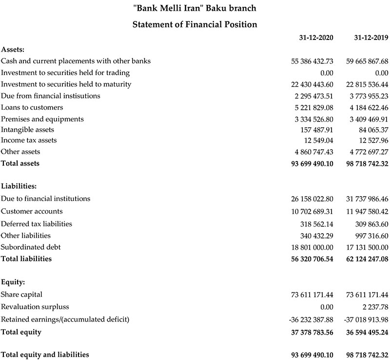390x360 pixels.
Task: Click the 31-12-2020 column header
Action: [x=316, y=39]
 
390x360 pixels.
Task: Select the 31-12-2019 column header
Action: [x=370, y=39]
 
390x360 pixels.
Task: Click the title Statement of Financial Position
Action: [x=195, y=24]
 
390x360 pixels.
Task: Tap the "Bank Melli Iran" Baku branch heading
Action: [x=195, y=8]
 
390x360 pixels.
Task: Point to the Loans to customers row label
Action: [x=32, y=107]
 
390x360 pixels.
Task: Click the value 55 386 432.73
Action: [x=312, y=61]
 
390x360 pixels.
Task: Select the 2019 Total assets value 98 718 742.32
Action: [x=367, y=164]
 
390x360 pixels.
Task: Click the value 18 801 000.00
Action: [x=312, y=247]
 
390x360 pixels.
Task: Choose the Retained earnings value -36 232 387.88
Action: [x=311, y=320]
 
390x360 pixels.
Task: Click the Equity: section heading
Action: [x=13, y=282]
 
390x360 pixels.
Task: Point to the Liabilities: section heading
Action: [x=19, y=186]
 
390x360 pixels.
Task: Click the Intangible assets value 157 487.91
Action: [x=317, y=130]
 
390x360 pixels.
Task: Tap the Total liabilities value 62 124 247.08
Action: [x=367, y=259]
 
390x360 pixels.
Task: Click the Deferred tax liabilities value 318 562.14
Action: [x=317, y=224]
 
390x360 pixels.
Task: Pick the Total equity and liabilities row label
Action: [x=45, y=354]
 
